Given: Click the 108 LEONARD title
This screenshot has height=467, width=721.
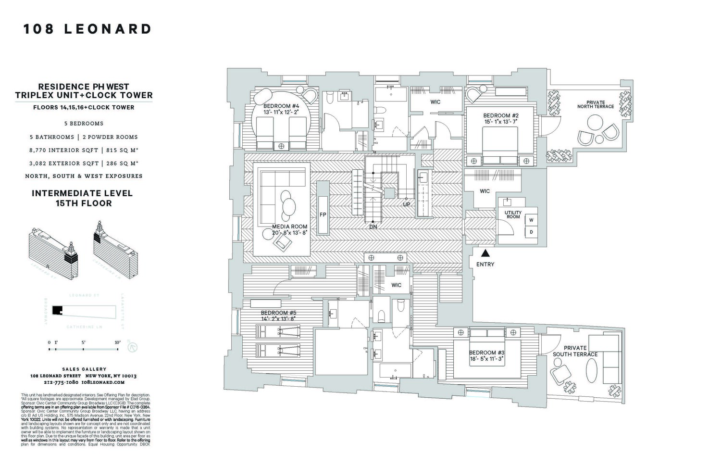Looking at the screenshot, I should tap(87, 29).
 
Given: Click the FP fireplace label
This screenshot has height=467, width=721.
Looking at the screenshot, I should tap(323, 215).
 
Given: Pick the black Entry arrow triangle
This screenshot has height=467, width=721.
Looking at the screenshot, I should tap(485, 253).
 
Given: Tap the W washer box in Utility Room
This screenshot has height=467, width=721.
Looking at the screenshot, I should tap(531, 220).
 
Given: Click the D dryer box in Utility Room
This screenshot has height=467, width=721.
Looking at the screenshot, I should tap(531, 232).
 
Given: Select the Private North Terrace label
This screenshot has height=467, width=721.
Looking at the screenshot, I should tap(596, 104).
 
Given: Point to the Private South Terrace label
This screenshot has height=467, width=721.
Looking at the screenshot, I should tap(575, 351).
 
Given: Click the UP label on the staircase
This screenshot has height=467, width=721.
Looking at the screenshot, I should tap(406, 204).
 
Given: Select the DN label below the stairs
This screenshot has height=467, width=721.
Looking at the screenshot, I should tap(373, 227).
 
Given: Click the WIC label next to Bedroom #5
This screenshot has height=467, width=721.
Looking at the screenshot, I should tap(396, 285).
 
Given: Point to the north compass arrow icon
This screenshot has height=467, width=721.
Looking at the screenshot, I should tap(133, 346).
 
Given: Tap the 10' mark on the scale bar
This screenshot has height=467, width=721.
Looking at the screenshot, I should tap(117, 342).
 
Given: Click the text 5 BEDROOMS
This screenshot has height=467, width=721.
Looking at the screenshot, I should tap(84, 124).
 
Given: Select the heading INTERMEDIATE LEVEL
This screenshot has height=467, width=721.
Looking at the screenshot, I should tap(82, 193).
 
